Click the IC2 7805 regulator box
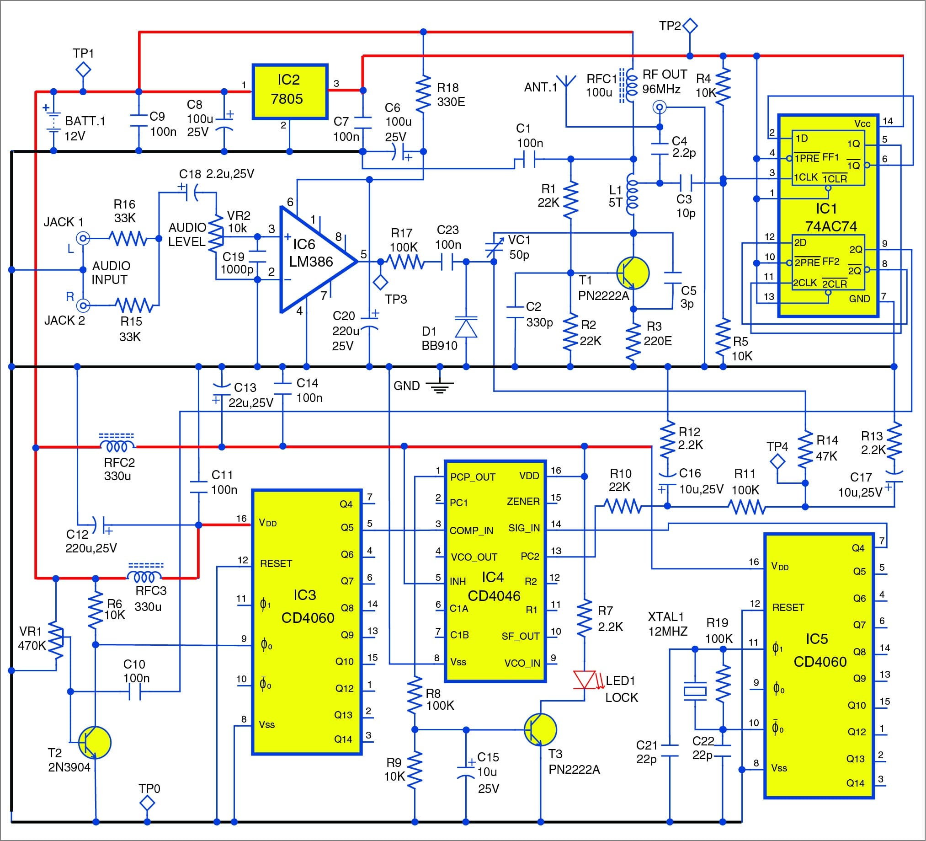tap(290, 91)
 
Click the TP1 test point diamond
tap(83, 70)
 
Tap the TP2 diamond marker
tap(689, 26)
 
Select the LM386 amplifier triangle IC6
tap(312, 260)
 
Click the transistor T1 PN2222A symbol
tap(633, 273)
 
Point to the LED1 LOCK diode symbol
tap(585, 680)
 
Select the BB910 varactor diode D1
tap(466, 328)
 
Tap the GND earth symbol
tap(440, 387)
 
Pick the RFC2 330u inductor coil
tap(117, 445)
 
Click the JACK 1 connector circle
tap(83, 238)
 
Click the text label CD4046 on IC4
tap(494, 596)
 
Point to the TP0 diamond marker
tap(147, 804)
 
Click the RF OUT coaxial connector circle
tap(660, 107)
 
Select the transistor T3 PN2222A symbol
tap(540, 730)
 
